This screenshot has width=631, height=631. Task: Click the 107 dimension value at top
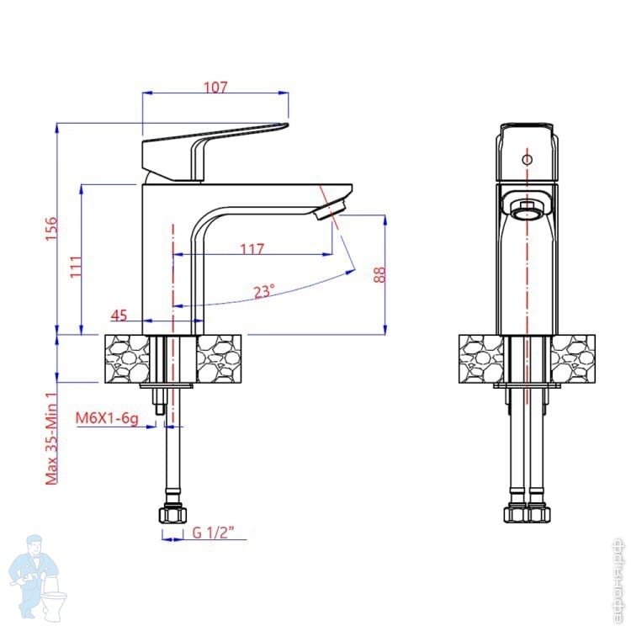(x=216, y=87)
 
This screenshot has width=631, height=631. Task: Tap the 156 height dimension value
(x=50, y=228)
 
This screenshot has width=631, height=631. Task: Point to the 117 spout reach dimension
(x=252, y=249)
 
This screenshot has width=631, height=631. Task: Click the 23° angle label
(x=263, y=292)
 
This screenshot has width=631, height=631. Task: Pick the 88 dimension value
(x=379, y=275)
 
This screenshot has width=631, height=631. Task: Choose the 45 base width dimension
(x=119, y=315)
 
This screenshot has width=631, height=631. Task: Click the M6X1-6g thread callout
(x=107, y=417)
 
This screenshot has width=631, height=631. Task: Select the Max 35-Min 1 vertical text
(x=50, y=438)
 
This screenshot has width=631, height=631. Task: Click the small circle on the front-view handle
(x=527, y=159)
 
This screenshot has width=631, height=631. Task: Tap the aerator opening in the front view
(x=528, y=208)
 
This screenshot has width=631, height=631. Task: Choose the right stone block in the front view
(x=573, y=359)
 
